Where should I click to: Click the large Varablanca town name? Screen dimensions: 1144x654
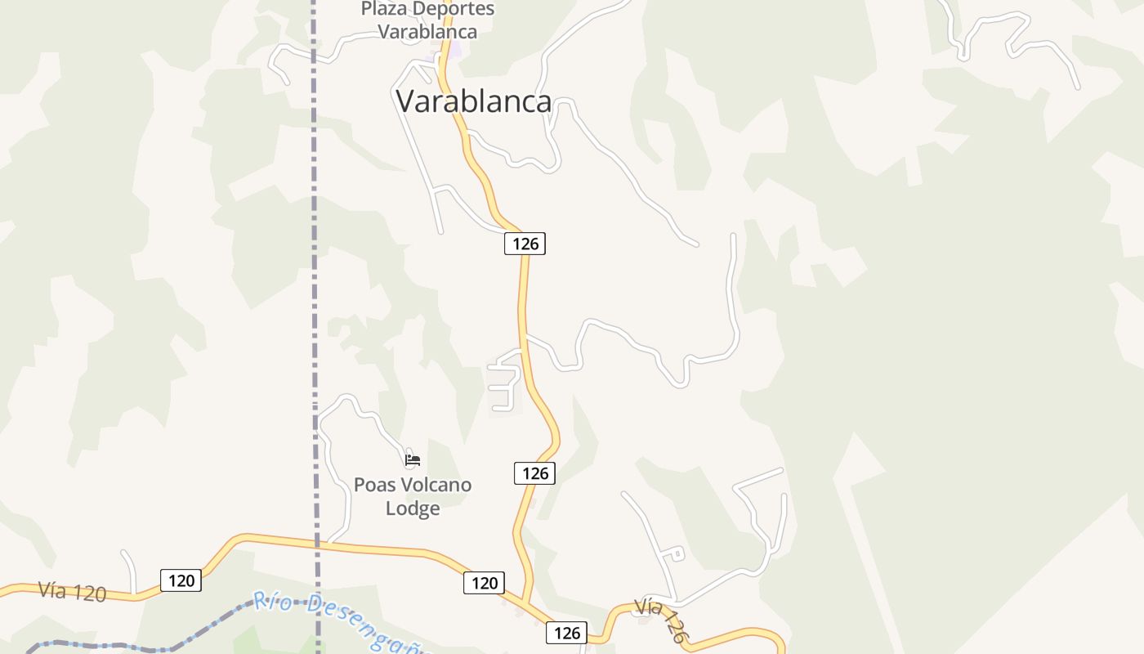tap(474, 101)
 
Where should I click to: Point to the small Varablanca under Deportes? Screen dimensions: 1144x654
tap(427, 32)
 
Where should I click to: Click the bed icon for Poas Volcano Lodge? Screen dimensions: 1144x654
tap(413, 460)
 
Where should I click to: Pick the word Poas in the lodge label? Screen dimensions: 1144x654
tap(373, 485)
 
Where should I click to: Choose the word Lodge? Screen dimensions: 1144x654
tap(413, 508)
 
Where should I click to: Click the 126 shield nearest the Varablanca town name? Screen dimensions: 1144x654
tap(525, 243)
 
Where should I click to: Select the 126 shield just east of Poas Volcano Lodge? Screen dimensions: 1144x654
tap(534, 473)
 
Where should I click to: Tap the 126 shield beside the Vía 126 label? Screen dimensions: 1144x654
tap(566, 632)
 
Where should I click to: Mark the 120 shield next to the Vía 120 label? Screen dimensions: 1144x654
tap(181, 580)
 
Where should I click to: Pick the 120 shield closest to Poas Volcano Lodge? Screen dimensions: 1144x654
tap(485, 583)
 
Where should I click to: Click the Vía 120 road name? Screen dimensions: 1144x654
tap(72, 592)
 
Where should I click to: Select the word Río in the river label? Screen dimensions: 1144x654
tap(272, 602)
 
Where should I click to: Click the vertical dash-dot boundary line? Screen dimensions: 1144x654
tap(315, 245)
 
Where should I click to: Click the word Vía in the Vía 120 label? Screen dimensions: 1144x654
tap(52, 589)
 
